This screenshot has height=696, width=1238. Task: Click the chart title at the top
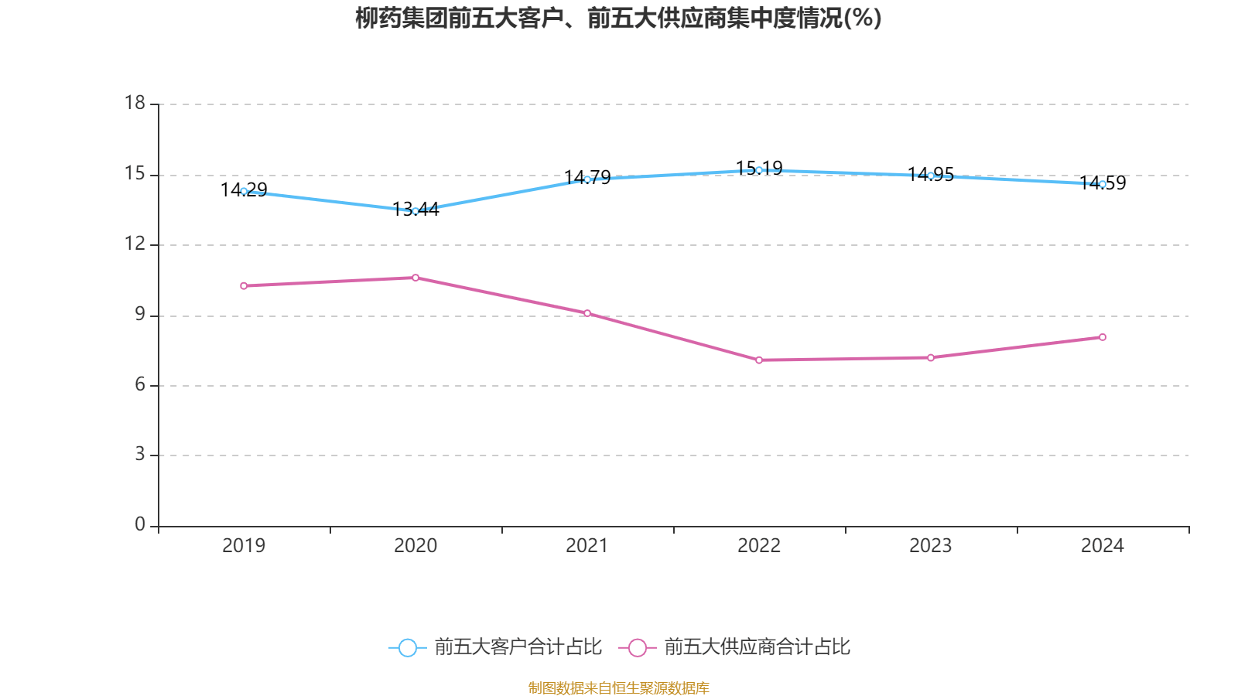coord(618,18)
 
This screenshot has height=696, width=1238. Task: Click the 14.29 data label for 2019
coord(244,189)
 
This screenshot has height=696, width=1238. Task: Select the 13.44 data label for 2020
coord(416,209)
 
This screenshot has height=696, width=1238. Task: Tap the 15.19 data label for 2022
coord(759,168)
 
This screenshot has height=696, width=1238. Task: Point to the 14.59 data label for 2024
coord(1103,183)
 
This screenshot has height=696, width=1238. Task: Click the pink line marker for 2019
coord(244,286)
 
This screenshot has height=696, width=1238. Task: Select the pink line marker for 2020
coord(416,278)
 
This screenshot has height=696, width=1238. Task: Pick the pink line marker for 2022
coord(759,360)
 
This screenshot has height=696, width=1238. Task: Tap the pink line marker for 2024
coord(1103,337)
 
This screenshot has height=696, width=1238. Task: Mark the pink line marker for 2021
coord(587,313)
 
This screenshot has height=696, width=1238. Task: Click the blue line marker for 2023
coord(931,176)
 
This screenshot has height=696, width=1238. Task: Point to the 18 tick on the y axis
coord(135,103)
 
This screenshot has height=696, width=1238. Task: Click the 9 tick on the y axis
coord(140,314)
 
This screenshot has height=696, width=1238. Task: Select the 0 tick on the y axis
coord(140,524)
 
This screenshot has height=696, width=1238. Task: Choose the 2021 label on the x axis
coord(587,546)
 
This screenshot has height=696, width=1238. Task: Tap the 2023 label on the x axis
coord(931,546)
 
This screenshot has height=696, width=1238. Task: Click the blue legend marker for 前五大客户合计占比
coord(407,647)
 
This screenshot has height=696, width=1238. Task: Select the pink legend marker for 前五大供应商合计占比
coord(637,647)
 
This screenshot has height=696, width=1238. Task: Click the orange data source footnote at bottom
coord(618,687)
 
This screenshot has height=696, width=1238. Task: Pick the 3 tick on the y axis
coord(140,455)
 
